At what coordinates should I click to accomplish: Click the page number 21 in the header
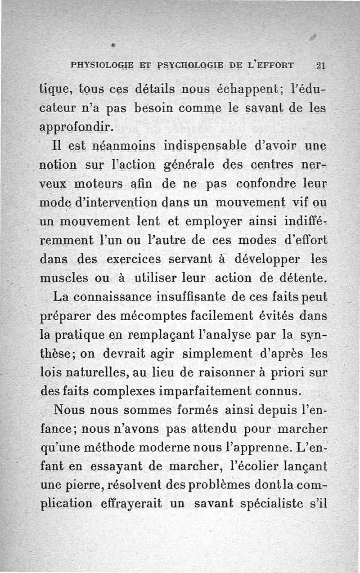click(x=320, y=64)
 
